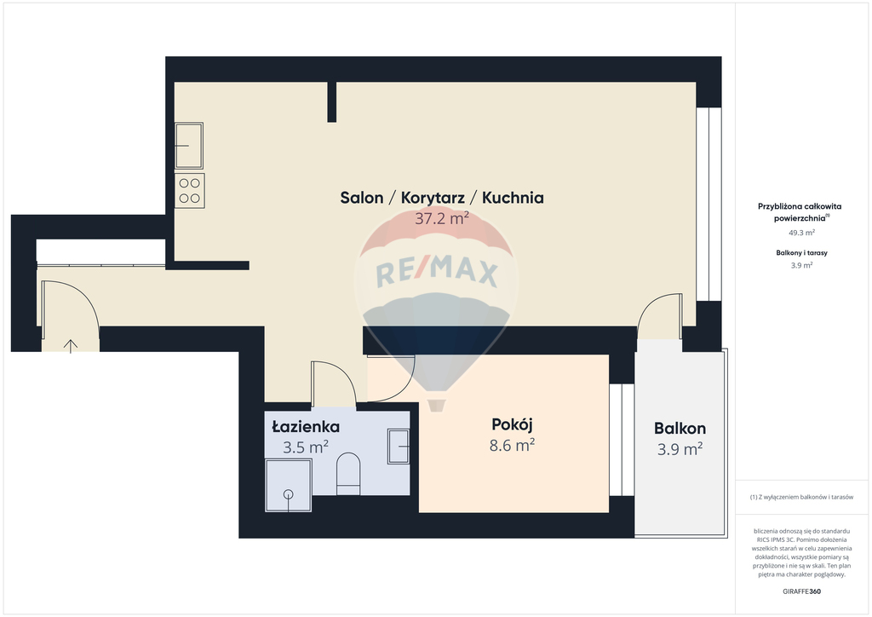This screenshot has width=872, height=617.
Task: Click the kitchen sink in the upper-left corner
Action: [189, 146]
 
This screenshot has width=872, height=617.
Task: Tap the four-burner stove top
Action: [189, 190]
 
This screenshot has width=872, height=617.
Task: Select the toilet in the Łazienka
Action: [349, 473]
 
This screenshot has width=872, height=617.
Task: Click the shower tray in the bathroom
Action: [289, 486]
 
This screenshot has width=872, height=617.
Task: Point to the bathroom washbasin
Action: [399, 447]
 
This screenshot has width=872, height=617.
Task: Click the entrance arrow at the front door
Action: [71, 344]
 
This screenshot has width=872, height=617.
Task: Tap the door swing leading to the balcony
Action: [661, 314]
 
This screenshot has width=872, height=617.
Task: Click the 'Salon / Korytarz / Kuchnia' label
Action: [441, 198]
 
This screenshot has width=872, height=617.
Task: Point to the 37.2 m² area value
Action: [441, 218]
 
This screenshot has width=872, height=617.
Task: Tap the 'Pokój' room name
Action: [513, 424]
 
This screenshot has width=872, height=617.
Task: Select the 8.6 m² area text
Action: [513, 444]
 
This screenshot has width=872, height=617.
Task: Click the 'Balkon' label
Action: [679, 429]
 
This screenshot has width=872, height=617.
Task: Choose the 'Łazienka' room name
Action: [306, 427]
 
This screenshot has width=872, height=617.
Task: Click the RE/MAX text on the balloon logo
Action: [436, 273]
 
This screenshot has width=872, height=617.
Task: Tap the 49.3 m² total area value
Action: [800, 232]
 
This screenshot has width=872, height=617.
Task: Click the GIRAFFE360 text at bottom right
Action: [800, 591]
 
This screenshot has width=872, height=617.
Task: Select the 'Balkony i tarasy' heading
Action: [800, 253]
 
